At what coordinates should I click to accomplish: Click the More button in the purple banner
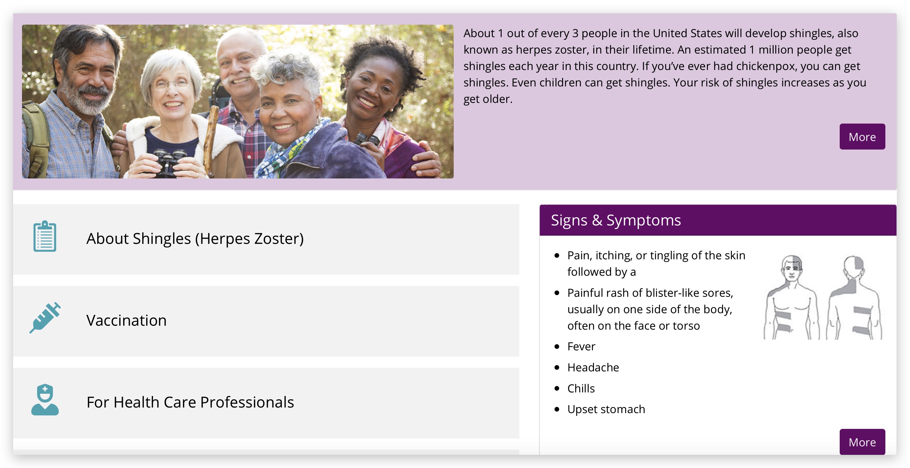(862, 136)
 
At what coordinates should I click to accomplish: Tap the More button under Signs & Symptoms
(862, 441)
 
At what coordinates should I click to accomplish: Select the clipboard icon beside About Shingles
(45, 236)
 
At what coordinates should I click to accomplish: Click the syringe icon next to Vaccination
(45, 317)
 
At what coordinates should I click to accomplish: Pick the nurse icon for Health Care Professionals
(45, 399)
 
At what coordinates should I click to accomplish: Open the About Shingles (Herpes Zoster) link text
(195, 239)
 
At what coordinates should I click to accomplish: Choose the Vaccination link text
(126, 320)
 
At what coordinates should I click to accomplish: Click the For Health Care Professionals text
(190, 402)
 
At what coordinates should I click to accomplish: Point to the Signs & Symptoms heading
(616, 220)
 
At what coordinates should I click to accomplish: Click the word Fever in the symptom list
(581, 346)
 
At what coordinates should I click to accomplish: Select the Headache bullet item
(593, 367)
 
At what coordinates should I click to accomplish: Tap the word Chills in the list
(581, 388)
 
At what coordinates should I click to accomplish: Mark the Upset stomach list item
(606, 409)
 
